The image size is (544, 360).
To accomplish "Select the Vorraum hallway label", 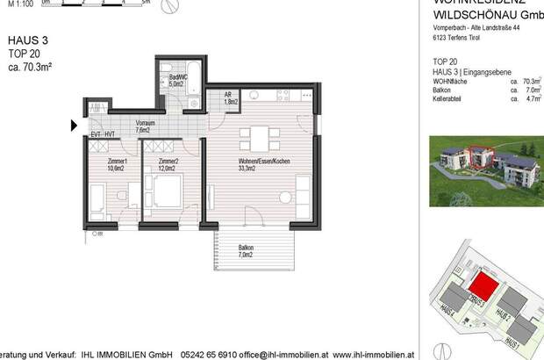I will click(x=146, y=126).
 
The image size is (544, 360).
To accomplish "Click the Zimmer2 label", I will click(x=171, y=164).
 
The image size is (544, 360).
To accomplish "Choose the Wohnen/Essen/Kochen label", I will click(x=256, y=163).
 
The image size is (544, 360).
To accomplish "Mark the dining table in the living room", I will click(x=261, y=139).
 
